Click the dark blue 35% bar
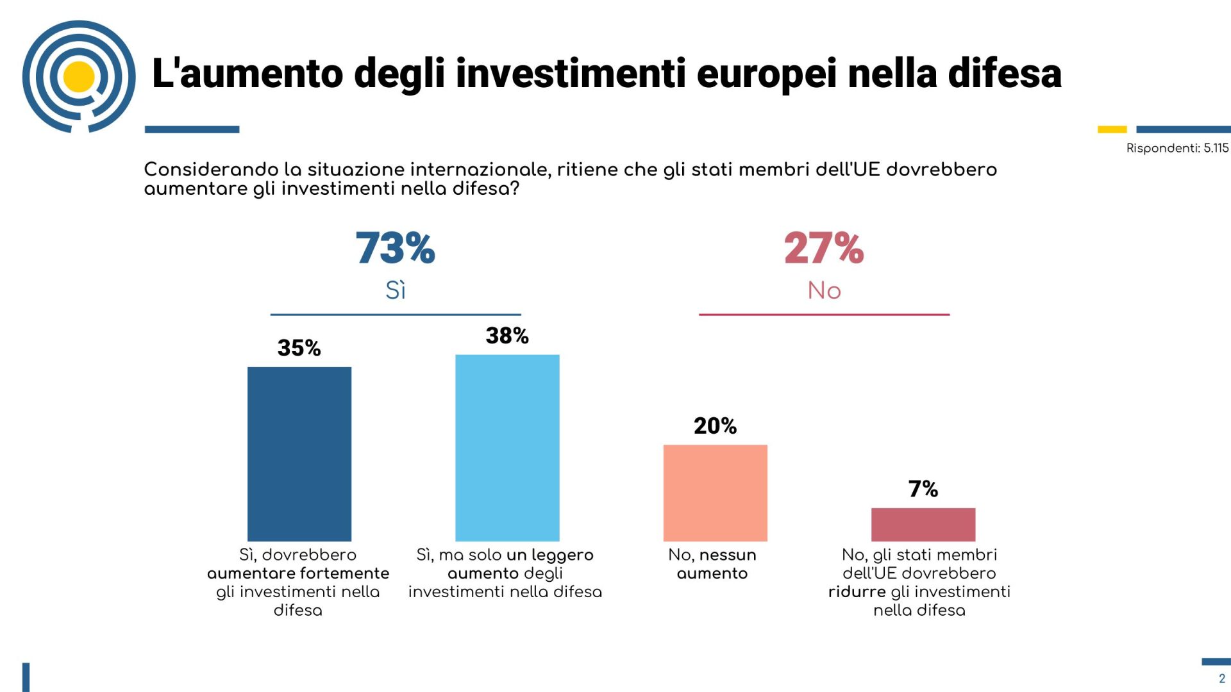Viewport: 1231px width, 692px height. pos(299,454)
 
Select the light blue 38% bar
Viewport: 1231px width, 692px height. pos(507,447)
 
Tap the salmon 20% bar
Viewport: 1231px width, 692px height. pos(715,493)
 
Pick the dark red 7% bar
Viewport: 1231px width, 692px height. pos(923,524)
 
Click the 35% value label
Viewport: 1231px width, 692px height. pos(299,348)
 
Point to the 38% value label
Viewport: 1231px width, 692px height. pos(507,335)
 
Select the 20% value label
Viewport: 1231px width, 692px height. pos(715,425)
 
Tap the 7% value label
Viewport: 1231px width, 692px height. pos(923,489)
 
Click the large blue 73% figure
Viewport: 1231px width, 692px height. pos(395,248)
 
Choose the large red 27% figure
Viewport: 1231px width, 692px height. pos(824,248)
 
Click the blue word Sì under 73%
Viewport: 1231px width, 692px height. pos(396,290)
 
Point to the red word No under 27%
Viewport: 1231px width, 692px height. pos(824,290)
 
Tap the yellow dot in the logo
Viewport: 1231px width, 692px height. pos(80,77)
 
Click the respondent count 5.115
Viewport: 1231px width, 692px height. pos(1216,148)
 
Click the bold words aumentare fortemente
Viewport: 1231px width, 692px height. pos(298,573)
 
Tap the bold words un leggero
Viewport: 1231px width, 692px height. pos(550,554)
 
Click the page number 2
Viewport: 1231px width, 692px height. pos(1221,679)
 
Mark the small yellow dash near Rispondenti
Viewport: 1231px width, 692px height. pos(1112,129)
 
